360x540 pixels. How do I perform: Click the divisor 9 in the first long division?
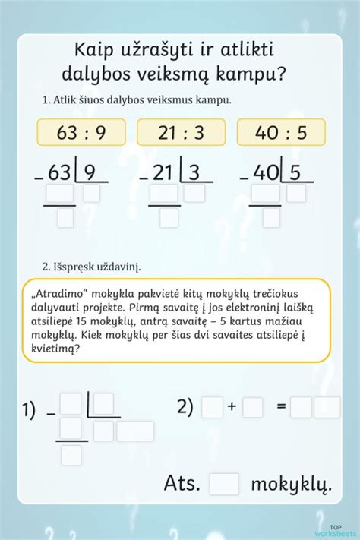[90, 173]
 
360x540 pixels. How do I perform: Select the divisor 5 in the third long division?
[296, 173]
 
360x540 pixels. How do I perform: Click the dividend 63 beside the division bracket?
[58, 174]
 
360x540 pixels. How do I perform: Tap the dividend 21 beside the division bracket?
[162, 174]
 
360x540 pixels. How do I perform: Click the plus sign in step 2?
[232, 408]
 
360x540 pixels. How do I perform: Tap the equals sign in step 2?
[280, 408]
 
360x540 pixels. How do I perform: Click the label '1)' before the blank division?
[29, 411]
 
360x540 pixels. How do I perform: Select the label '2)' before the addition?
[186, 407]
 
